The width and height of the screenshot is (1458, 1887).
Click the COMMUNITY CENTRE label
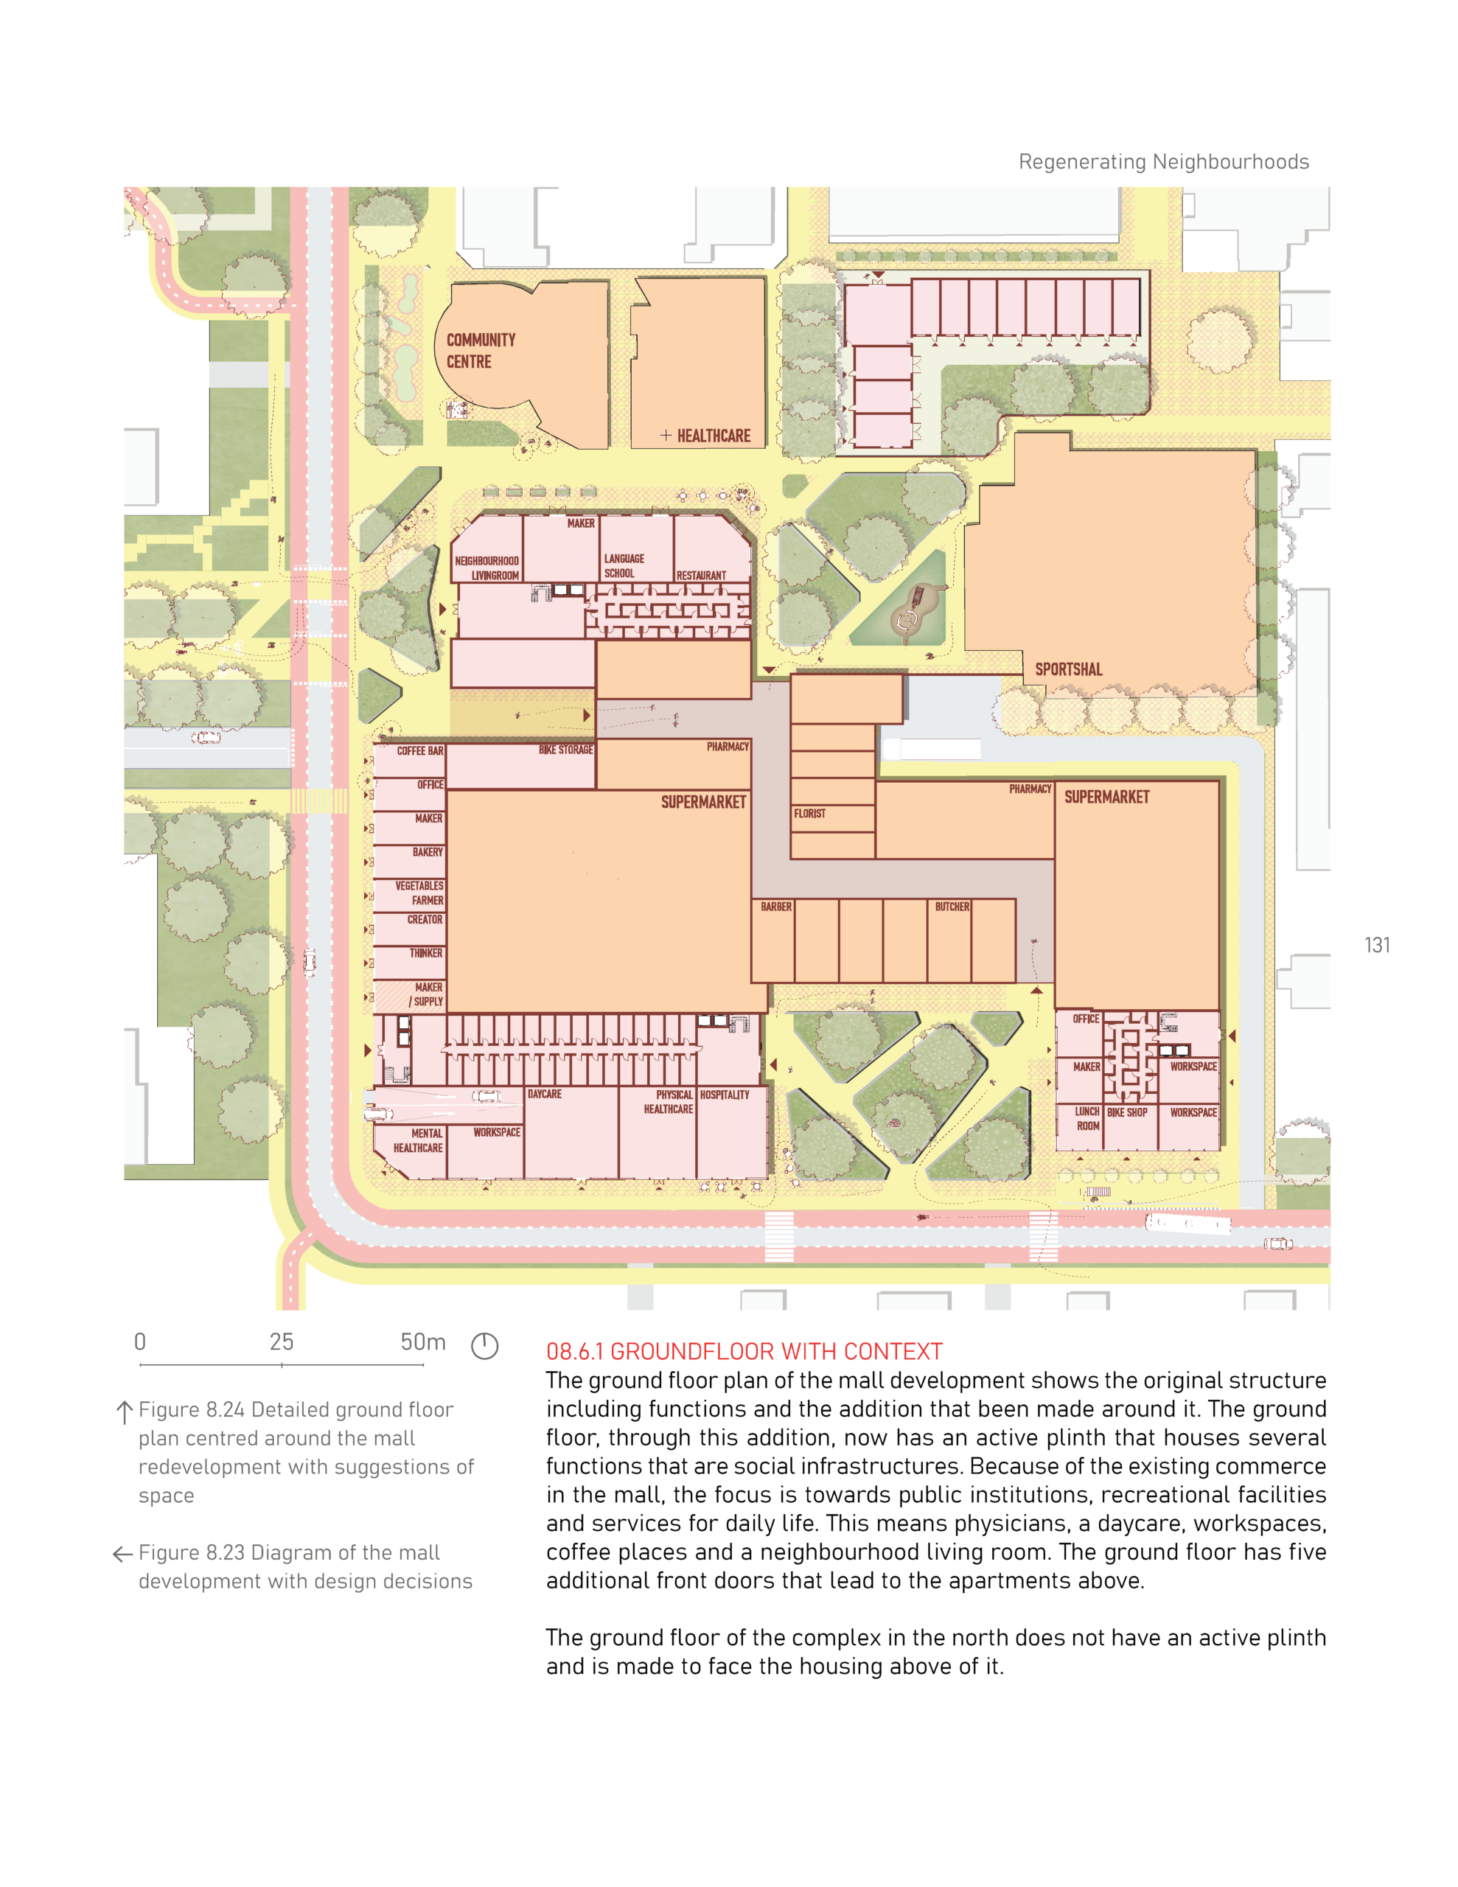tap(481, 351)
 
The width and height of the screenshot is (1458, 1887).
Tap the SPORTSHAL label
tap(1068, 669)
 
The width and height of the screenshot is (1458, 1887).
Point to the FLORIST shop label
tap(809, 814)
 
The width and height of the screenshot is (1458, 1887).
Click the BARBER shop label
tap(776, 907)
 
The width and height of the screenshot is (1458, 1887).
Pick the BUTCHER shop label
tap(952, 907)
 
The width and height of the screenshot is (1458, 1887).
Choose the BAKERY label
tap(428, 853)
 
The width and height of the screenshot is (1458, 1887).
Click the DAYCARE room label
tap(545, 1095)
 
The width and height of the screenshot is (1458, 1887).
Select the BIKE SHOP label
tap(1127, 1113)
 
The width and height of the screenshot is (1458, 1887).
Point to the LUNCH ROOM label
tap(1087, 1119)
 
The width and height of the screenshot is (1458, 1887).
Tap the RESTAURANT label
tap(701, 576)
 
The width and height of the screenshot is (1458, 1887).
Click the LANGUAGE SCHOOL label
tap(624, 566)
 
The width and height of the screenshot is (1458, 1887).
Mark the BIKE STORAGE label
tap(565, 750)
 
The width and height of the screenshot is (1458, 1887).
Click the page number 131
tap(1378, 945)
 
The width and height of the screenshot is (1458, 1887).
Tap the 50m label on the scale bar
tap(422, 1342)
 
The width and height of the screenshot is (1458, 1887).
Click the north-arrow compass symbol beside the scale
tap(484, 1346)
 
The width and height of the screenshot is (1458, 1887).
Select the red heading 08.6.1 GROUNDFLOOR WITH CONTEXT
tap(744, 1352)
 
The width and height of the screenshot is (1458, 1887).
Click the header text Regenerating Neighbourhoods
tap(1163, 162)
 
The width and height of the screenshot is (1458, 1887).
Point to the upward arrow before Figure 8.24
tap(125, 1412)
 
